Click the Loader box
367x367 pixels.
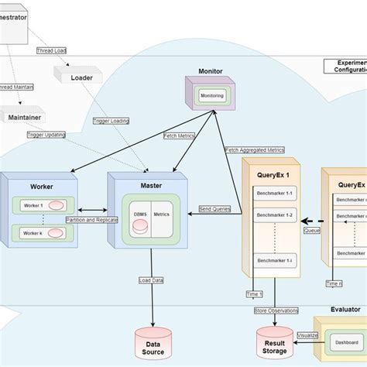(x=81, y=77)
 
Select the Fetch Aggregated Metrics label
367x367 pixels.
(x=255, y=150)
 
